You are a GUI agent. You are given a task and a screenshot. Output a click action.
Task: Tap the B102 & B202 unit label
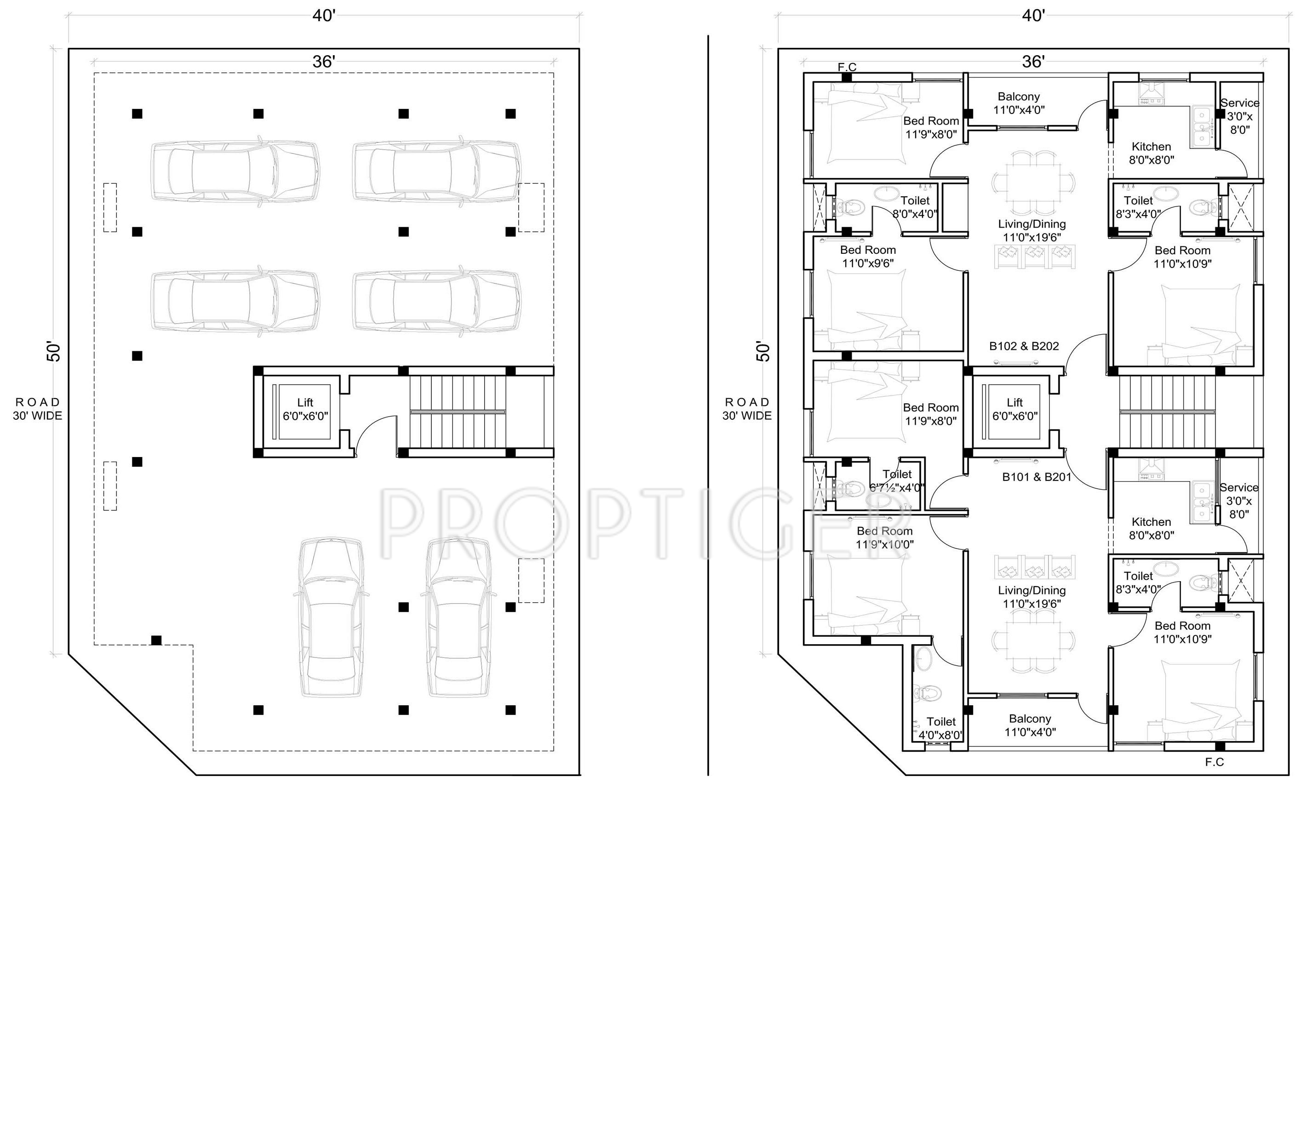pos(1024,346)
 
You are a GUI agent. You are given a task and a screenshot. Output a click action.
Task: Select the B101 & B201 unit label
pos(1037,477)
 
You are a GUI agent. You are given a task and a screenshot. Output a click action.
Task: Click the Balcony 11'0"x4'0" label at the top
pos(1019,103)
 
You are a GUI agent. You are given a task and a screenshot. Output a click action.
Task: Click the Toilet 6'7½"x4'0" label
pos(897,480)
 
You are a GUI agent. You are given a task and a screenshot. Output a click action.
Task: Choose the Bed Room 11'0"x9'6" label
pos(867,256)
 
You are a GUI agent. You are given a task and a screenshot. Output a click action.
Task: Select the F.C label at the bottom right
pos(1214,762)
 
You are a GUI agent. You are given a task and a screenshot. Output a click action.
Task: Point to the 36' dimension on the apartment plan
pos(1032,61)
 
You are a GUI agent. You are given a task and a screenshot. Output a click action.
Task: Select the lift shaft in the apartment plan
pos(1014,411)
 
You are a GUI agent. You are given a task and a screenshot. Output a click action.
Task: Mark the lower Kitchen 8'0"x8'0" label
pos(1151,528)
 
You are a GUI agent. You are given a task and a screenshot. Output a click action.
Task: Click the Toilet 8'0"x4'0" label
pos(915,207)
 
